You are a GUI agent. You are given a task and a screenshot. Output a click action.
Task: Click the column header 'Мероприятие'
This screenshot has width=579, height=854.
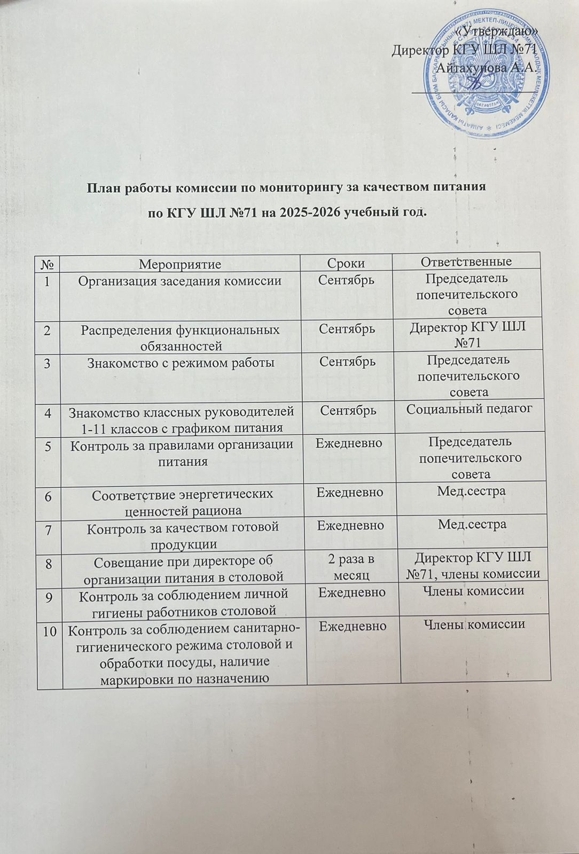(x=179, y=263)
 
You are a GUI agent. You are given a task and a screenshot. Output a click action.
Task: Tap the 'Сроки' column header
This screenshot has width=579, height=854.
(x=346, y=263)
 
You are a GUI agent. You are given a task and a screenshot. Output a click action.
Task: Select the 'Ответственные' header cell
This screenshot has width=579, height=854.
(x=466, y=262)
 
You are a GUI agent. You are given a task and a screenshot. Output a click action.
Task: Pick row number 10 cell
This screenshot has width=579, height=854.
(x=50, y=631)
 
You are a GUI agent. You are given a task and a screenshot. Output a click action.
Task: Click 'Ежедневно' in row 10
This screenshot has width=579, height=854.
(x=353, y=625)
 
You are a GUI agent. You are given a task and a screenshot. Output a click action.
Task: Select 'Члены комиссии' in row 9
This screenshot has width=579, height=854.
(x=473, y=590)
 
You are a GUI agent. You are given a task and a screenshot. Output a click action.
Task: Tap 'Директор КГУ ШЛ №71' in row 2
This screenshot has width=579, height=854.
(x=467, y=334)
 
